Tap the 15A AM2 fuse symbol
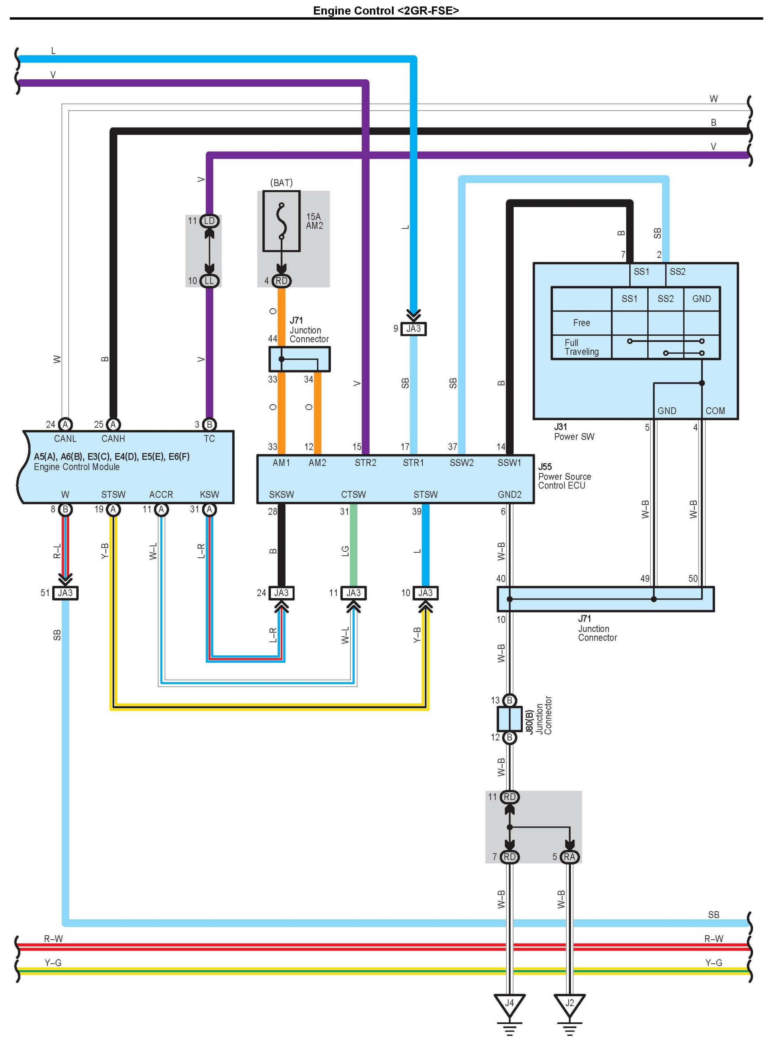(x=281, y=221)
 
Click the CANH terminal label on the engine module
(x=113, y=439)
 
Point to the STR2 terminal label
(x=365, y=463)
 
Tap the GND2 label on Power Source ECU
(x=509, y=494)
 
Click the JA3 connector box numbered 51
(x=65, y=592)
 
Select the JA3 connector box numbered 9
(x=414, y=328)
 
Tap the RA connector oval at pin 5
(x=570, y=857)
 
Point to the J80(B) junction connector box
(x=509, y=719)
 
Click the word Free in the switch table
(x=581, y=323)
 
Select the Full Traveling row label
(x=581, y=347)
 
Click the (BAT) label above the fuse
(x=281, y=182)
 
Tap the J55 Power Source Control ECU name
(x=564, y=476)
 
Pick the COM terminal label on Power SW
(x=715, y=411)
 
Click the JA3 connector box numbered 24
(x=281, y=592)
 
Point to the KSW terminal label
(x=209, y=494)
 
